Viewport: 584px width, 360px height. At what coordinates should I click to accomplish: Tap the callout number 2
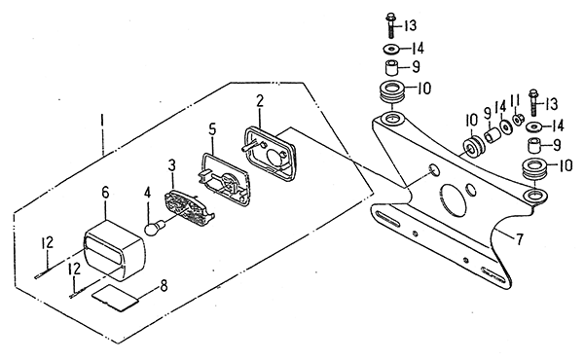pyautogui.click(x=260, y=101)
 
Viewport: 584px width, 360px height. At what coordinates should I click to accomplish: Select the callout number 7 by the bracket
pyautogui.click(x=519, y=238)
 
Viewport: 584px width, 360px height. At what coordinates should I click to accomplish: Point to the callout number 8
pyautogui.click(x=164, y=285)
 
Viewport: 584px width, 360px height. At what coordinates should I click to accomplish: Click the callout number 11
pyautogui.click(x=515, y=100)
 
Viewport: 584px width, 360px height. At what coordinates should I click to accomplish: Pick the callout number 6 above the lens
pyautogui.click(x=105, y=192)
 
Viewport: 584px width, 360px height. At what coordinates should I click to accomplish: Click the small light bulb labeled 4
pyautogui.click(x=154, y=227)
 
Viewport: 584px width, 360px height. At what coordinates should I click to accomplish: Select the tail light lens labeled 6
pyautogui.click(x=115, y=250)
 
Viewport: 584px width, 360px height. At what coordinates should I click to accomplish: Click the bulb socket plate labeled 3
pyautogui.click(x=189, y=207)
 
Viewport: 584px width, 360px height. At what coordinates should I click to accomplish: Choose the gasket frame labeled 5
pyautogui.click(x=223, y=179)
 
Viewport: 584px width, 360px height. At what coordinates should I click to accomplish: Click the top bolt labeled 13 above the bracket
pyautogui.click(x=390, y=25)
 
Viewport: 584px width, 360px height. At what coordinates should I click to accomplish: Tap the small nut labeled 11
pyautogui.click(x=517, y=120)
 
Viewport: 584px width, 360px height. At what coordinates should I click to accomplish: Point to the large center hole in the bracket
pyautogui.click(x=453, y=199)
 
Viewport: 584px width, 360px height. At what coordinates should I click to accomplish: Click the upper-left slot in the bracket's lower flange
pyautogui.click(x=387, y=219)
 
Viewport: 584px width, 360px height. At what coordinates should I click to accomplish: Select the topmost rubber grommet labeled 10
pyautogui.click(x=391, y=92)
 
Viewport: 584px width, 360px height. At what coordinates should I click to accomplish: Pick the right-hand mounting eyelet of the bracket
pyautogui.click(x=535, y=195)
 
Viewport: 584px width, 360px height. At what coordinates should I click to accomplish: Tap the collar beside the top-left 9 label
pyautogui.click(x=391, y=68)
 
